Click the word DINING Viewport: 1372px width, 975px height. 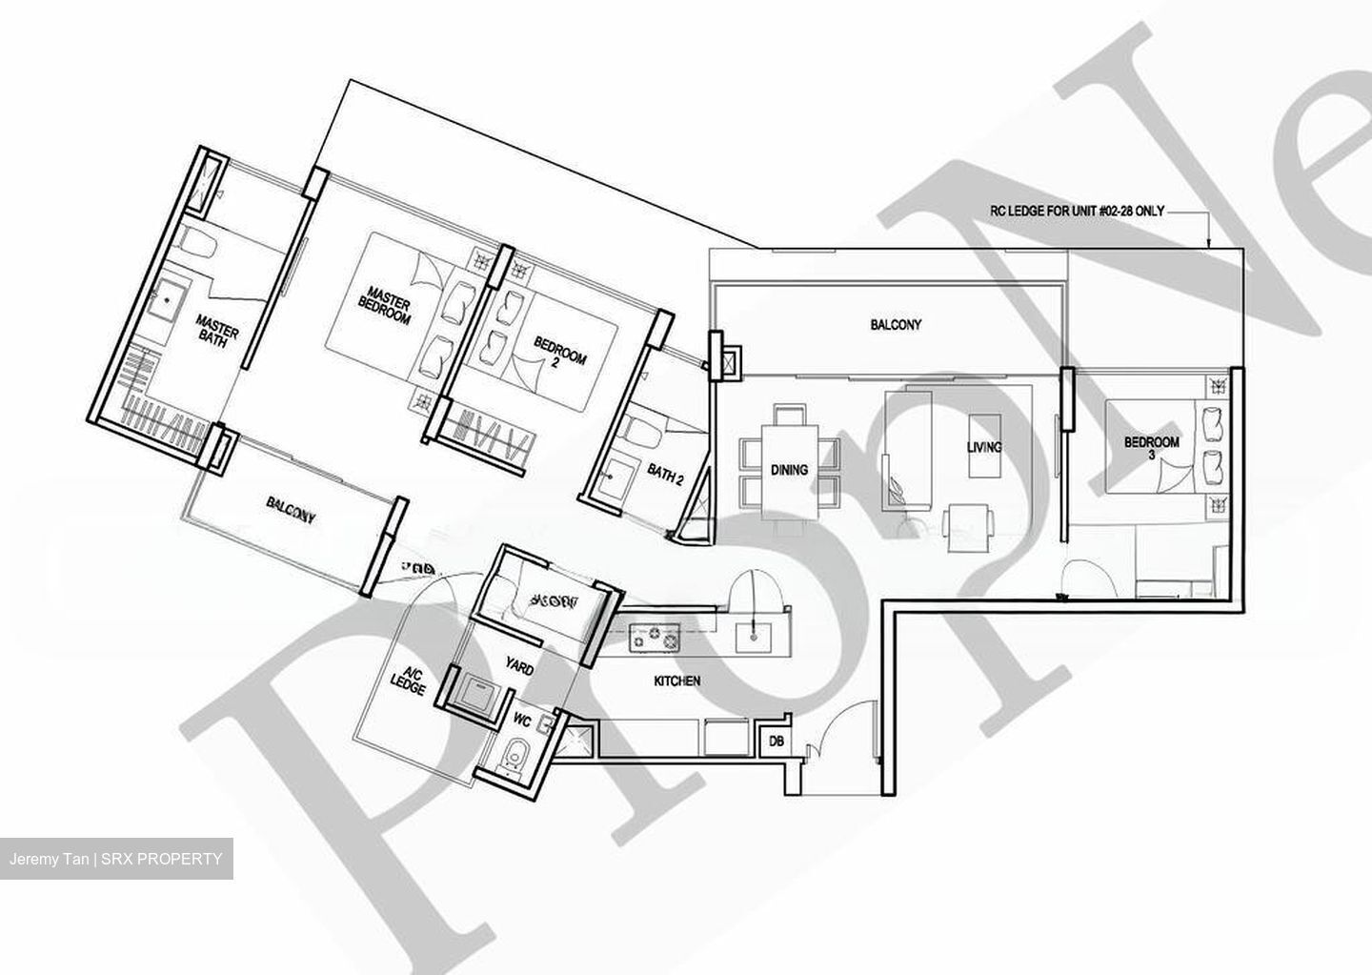click(789, 469)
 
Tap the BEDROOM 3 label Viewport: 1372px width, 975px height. click(1151, 448)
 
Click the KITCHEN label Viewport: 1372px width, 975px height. click(677, 681)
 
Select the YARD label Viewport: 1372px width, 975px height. click(519, 669)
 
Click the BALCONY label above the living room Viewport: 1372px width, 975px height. click(896, 325)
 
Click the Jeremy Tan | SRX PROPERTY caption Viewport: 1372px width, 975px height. click(116, 859)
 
